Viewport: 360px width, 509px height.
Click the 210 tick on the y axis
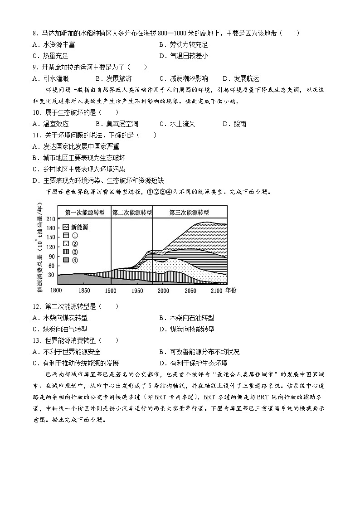point(49,219)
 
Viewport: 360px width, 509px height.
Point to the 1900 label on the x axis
point(111,290)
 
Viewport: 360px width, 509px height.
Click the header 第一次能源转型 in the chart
point(85,212)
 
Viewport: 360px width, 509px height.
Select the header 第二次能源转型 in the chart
point(132,212)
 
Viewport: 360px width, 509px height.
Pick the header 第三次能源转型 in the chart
point(189,212)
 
